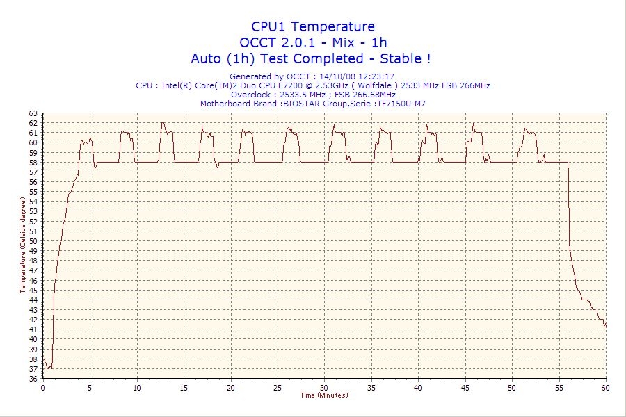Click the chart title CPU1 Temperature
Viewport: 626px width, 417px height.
point(312,26)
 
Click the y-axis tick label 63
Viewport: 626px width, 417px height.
point(33,113)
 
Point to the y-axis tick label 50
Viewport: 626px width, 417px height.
point(33,241)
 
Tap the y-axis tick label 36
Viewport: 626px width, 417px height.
point(33,379)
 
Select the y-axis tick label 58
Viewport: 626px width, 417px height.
point(33,163)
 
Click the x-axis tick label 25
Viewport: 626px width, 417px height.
point(278,387)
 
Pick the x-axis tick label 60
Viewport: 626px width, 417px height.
point(606,387)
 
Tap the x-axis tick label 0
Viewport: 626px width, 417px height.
point(43,387)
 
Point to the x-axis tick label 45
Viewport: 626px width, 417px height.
point(465,387)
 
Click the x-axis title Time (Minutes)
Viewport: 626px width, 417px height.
point(324,395)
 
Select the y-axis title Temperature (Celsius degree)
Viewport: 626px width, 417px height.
point(22,245)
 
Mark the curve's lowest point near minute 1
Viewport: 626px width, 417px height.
point(49,369)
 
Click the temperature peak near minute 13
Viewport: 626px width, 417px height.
point(162,123)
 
